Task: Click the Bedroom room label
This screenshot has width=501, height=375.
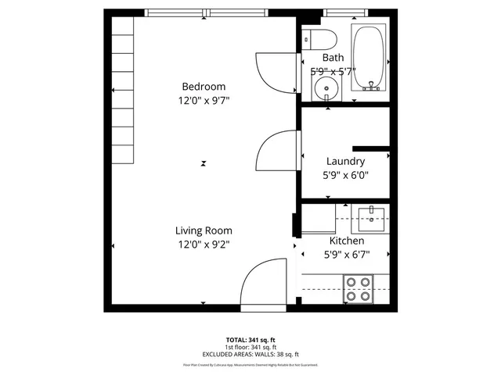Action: click(x=204, y=86)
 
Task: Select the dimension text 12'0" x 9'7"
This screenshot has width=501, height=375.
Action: click(x=204, y=100)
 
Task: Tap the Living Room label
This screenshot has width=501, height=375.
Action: click(x=204, y=230)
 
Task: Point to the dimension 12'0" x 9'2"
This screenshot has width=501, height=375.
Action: click(x=204, y=245)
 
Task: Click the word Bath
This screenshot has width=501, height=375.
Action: click(x=333, y=57)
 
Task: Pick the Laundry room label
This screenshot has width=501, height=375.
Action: click(x=345, y=161)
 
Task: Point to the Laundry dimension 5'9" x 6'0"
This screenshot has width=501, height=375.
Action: click(x=345, y=175)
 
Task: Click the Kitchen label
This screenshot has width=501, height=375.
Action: click(x=345, y=241)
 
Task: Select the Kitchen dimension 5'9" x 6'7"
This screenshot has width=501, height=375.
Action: click(x=345, y=254)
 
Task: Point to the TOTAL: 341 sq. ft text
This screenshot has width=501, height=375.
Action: click(x=250, y=340)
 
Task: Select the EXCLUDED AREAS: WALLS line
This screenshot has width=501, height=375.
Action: click(x=250, y=354)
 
